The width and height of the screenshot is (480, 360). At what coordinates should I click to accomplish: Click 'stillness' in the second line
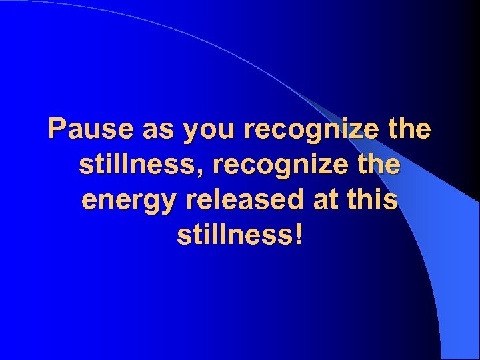pos(135,165)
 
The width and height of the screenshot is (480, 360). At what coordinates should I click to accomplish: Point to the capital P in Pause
pos(57,129)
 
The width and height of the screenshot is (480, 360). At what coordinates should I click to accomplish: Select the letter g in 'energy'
pos(139,203)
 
